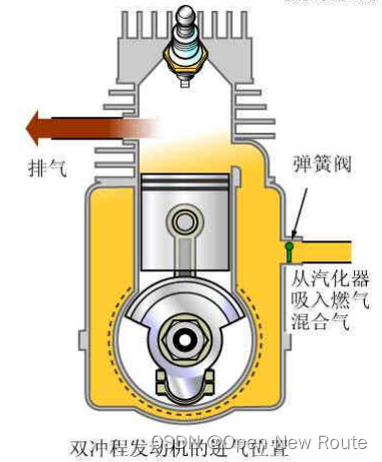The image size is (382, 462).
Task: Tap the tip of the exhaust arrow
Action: (29, 129)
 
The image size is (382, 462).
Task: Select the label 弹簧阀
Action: (322, 164)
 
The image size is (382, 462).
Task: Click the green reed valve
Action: (289, 242)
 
